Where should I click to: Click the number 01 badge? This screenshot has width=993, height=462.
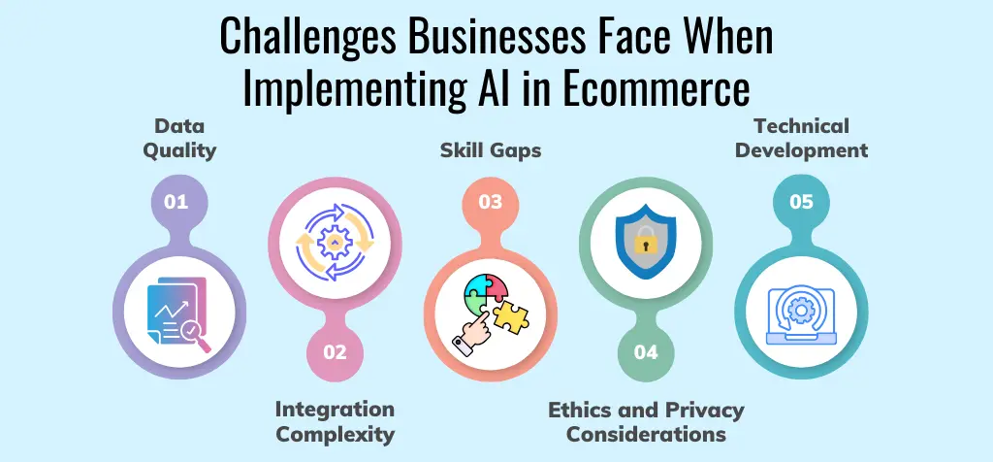point(176,203)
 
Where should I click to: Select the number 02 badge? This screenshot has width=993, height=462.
point(335,352)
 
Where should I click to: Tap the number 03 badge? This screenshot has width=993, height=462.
point(491,203)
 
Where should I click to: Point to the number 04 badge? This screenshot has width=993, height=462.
point(646,352)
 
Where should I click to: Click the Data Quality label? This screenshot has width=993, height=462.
point(178,139)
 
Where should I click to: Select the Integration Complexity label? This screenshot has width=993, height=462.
point(335,421)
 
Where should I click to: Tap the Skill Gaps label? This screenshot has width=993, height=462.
point(491,150)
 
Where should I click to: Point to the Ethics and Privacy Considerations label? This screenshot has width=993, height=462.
point(646,421)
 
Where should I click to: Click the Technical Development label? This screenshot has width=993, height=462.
point(801,139)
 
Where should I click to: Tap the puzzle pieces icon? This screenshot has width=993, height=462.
point(491,312)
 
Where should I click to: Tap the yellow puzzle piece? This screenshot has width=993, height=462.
point(511,316)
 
